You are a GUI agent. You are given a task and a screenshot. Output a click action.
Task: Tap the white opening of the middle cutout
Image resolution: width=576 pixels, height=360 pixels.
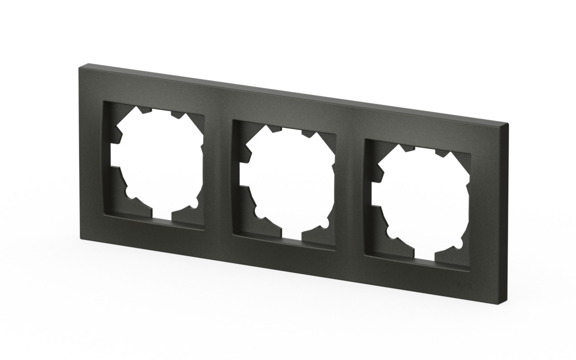tap(288, 182)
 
